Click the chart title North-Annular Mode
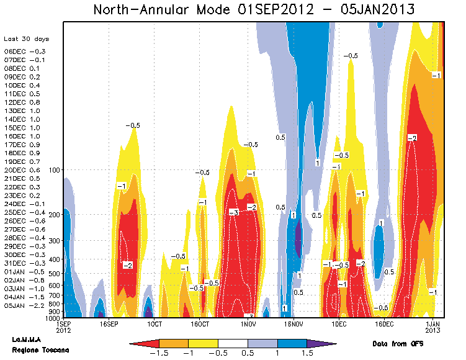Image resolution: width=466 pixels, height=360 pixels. tap(254, 9)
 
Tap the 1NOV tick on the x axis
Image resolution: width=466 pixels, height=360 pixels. tap(248, 324)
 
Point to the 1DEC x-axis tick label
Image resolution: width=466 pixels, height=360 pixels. tap(339, 324)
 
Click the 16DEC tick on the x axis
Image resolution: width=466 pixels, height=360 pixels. tap(384, 324)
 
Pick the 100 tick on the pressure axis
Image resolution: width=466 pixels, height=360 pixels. tap(53, 169)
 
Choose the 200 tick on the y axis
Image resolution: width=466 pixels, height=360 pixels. tap(53, 215)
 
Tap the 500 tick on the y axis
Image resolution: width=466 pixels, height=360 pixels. tap(53, 274)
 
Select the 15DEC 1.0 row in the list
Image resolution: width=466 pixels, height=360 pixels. tap(22, 127)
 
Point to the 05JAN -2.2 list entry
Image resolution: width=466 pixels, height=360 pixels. tap(22, 305)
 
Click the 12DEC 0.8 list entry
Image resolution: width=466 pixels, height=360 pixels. tap(22, 102)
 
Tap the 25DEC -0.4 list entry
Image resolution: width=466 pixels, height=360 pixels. tap(24, 212)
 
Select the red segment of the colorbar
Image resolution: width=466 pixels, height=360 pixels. tap(146, 343)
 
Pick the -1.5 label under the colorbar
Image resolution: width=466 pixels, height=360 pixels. tap(159, 353)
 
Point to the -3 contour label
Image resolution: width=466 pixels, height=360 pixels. tap(233, 212)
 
